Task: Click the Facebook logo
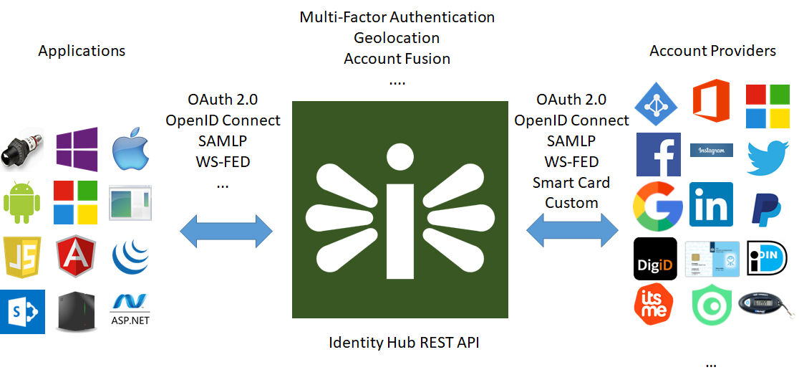[659, 154]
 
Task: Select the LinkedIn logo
[711, 204]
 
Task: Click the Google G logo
[658, 206]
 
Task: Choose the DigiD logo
[655, 259]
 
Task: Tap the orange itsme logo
[653, 305]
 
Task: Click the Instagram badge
[712, 150]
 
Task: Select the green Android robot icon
[22, 202]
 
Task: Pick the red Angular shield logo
[77, 257]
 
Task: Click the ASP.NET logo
[130, 310]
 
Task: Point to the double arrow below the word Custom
[572, 229]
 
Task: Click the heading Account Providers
[713, 51]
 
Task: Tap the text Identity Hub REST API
[404, 342]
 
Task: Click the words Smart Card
[571, 182]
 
